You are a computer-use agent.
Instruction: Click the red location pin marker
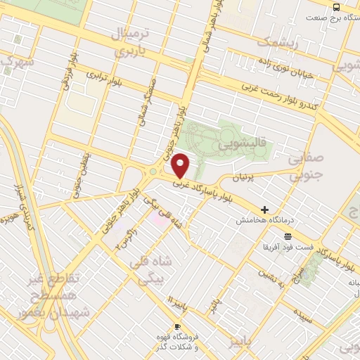point(181,166)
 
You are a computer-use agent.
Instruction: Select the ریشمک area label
point(278,42)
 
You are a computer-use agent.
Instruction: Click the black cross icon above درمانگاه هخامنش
point(264,210)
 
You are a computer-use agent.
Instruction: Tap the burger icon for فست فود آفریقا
point(287,236)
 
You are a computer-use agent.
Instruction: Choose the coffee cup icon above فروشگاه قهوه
point(176,327)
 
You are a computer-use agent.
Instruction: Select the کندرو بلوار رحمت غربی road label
point(281,97)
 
